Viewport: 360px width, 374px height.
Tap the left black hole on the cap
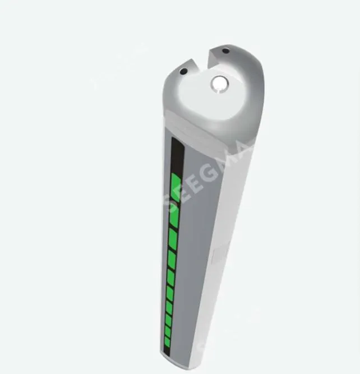pos(183,71)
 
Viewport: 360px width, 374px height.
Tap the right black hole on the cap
pos(225,51)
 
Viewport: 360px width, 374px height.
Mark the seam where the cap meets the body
pos(207,132)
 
